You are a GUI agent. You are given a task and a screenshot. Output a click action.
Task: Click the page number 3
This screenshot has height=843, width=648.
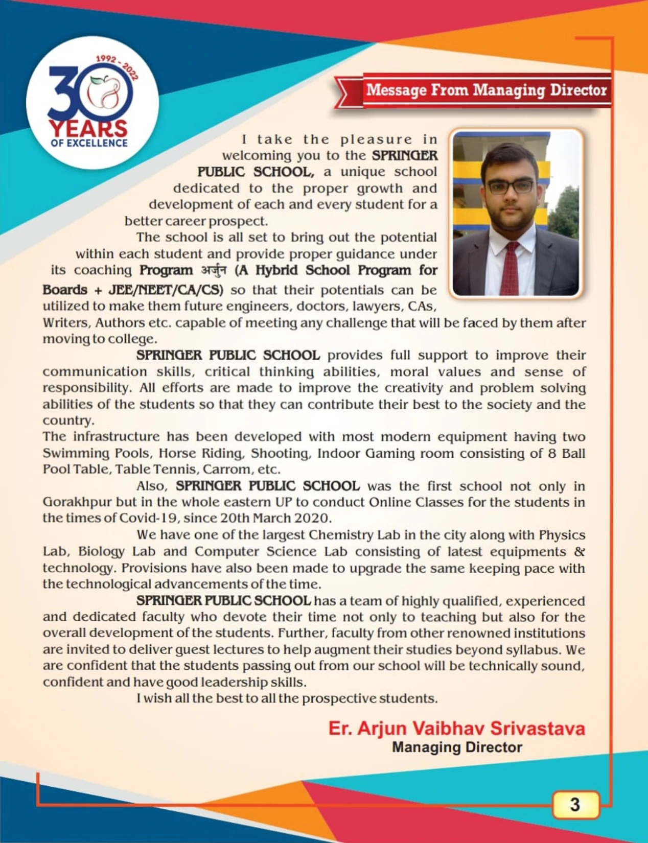click(x=575, y=805)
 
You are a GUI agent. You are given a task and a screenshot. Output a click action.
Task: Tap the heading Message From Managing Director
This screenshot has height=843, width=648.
click(x=486, y=90)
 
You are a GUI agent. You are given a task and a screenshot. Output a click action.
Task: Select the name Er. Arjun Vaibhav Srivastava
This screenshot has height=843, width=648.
click(x=456, y=728)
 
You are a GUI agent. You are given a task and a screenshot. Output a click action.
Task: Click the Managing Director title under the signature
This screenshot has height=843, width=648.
click(x=457, y=747)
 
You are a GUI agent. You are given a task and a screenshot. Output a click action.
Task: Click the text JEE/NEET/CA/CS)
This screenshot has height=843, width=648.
click(x=166, y=290)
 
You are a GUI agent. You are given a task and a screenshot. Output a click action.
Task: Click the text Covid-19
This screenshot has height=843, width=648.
click(x=148, y=518)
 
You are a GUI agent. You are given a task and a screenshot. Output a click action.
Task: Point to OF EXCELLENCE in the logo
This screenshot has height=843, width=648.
click(x=89, y=144)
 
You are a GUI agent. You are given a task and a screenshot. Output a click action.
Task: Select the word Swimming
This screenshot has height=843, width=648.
click(x=76, y=453)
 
